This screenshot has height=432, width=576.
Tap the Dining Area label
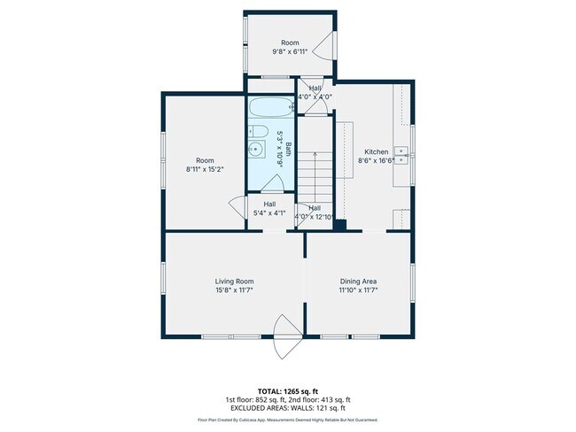click(x=358, y=281)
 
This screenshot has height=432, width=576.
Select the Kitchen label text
click(x=376, y=151)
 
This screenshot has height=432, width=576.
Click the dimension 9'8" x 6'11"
click(x=290, y=52)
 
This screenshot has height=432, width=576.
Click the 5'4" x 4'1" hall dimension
click(x=269, y=212)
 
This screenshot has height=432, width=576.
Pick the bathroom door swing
click(x=274, y=182)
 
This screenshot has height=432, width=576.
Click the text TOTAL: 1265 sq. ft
click(x=288, y=390)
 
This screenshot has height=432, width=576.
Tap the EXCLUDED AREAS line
click(x=288, y=407)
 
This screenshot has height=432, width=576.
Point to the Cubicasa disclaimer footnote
click(x=288, y=420)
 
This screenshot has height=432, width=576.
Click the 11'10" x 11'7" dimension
click(x=358, y=289)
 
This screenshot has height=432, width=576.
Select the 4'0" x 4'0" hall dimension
click(x=315, y=96)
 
